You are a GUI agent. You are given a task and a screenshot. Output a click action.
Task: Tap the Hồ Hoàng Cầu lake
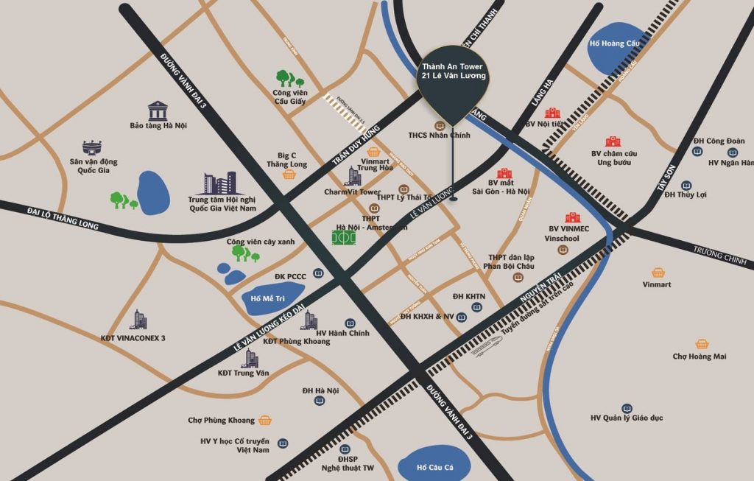pos(616,52)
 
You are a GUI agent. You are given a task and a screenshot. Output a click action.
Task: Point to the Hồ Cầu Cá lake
pos(431,466)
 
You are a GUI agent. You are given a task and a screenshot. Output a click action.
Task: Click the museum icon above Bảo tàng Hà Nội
pos(158,110)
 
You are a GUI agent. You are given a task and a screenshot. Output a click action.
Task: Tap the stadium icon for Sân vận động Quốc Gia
pos(94,147)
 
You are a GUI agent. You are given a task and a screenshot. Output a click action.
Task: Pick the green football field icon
pos(342,239)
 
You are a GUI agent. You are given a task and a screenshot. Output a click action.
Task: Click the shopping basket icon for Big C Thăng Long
pos(289,175)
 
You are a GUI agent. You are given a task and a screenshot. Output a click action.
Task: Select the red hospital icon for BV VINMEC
pos(572,217)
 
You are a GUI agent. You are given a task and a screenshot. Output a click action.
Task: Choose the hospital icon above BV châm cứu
pos(613,141)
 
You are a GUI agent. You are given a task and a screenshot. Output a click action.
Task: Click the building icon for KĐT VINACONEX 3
pos(138,320)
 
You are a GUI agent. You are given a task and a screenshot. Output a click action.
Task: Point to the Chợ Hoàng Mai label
pos(699,357)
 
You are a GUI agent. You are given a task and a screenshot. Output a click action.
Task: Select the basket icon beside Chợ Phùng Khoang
pos(265,421)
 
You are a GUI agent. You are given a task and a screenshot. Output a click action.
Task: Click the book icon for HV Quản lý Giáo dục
pos(627,408)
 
